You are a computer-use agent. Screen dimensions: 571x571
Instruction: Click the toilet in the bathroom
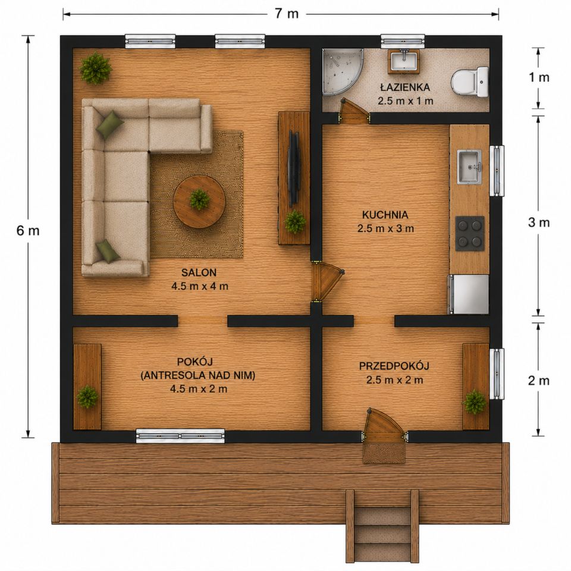(470, 82)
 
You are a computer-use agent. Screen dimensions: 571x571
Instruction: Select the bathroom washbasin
(404, 60)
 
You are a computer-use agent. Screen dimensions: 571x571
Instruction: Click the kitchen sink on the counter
(469, 167)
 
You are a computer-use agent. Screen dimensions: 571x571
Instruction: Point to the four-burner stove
(470, 233)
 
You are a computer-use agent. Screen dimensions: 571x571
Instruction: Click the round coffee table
(200, 202)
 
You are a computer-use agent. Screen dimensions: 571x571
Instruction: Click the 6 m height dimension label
(28, 231)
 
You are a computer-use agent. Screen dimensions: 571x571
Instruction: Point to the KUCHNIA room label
(385, 215)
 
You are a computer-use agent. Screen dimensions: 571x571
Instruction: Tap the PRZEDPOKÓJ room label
(394, 366)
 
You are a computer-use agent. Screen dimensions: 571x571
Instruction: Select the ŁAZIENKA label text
(405, 87)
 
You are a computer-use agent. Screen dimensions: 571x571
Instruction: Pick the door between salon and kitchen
(327, 281)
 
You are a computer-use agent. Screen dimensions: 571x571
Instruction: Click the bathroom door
(353, 111)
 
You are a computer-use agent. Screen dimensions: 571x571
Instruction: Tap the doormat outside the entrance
(384, 453)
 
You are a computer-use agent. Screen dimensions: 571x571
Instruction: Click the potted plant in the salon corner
(95, 68)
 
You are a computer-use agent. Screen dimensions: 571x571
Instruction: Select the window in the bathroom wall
(403, 42)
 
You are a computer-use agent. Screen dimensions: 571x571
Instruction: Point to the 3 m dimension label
(539, 222)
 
